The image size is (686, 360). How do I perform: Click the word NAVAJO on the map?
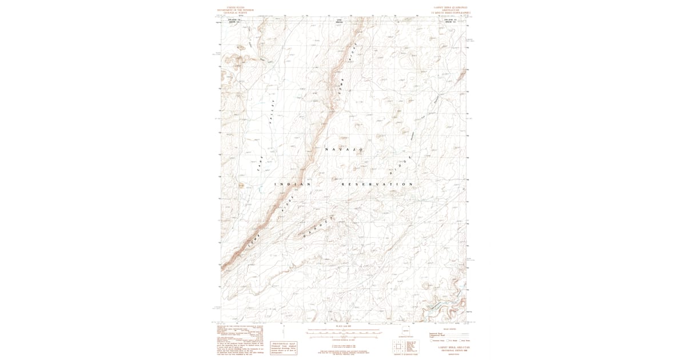tap(345, 149)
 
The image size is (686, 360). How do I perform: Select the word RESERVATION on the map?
tap(377, 185)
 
